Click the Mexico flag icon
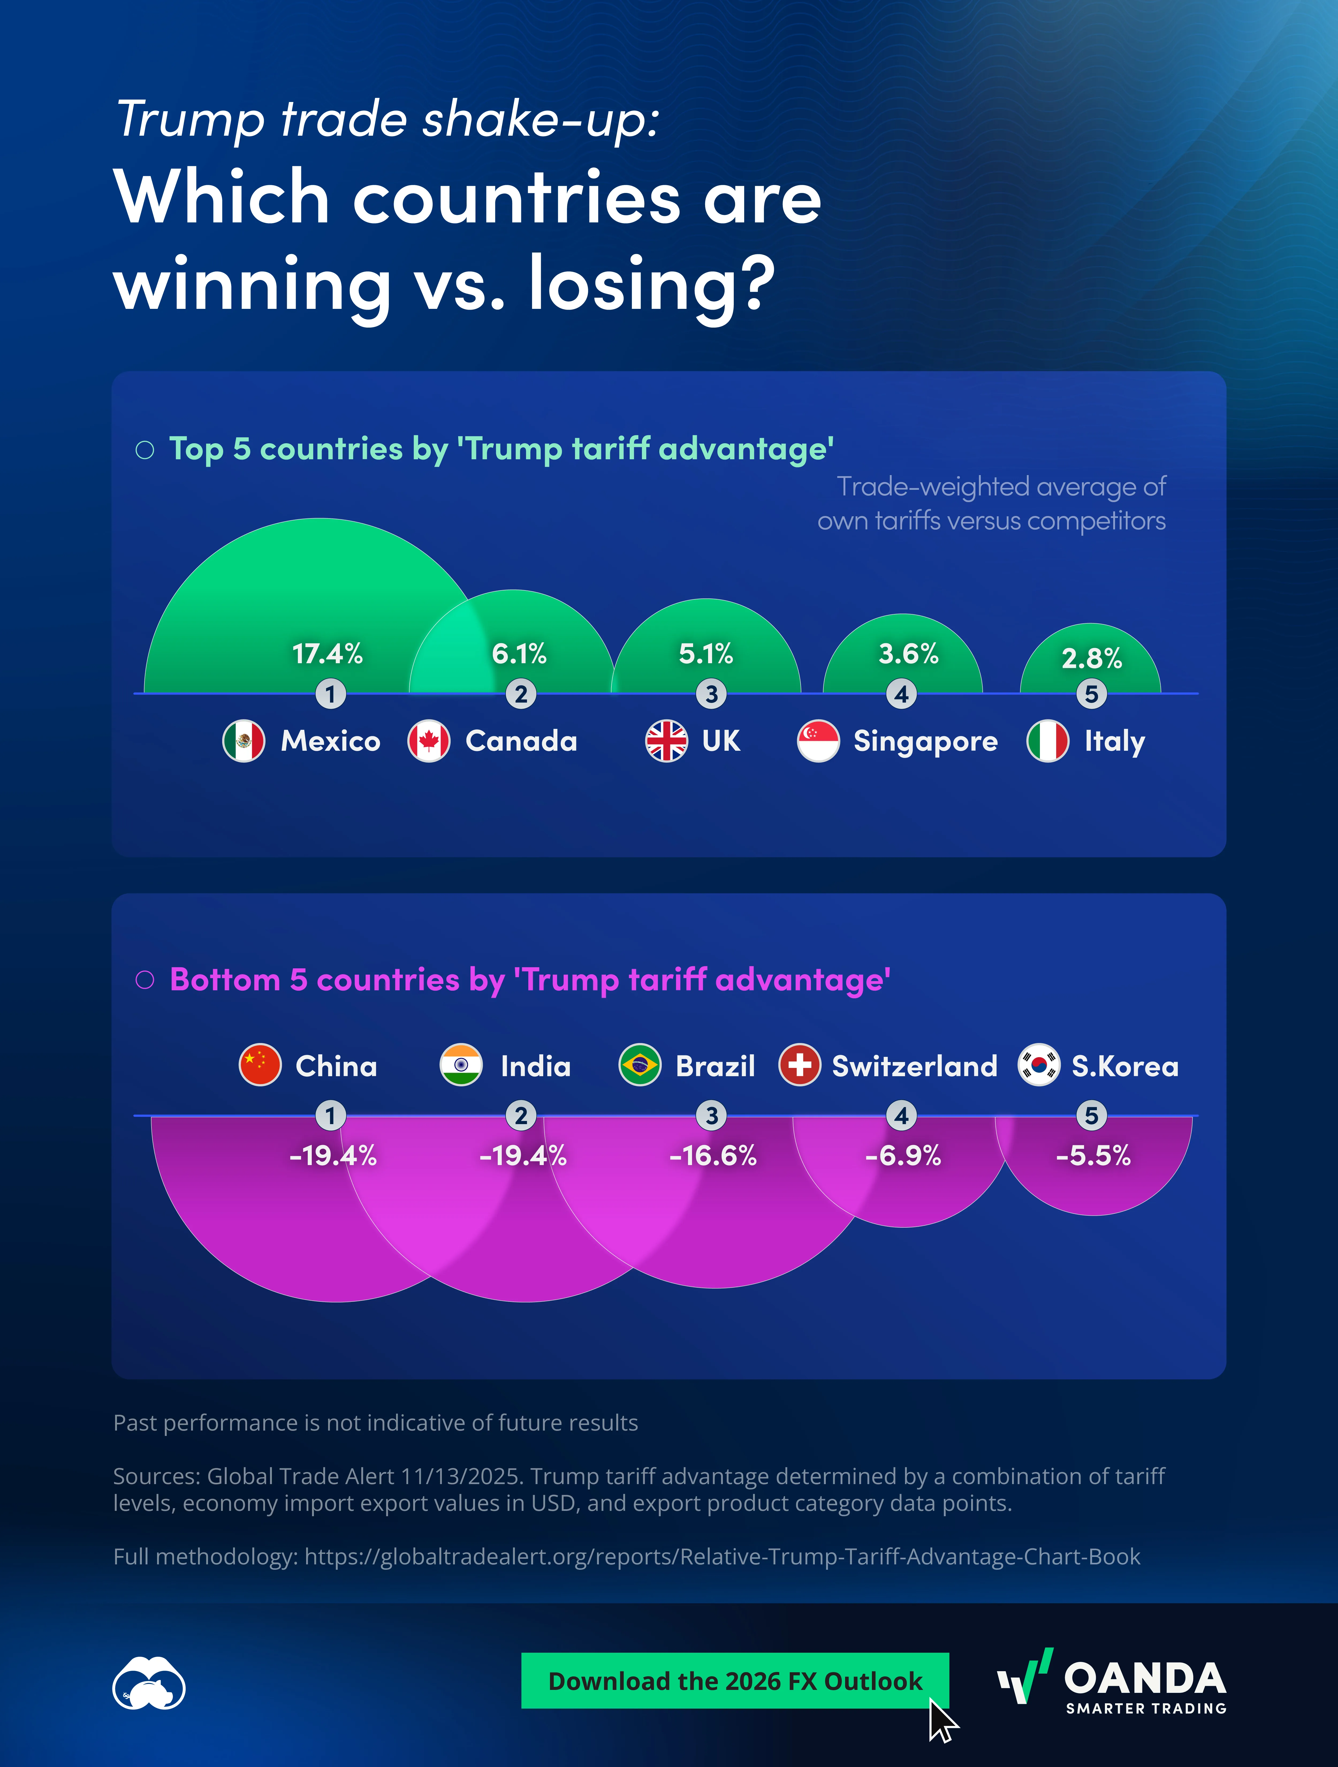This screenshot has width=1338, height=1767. click(244, 741)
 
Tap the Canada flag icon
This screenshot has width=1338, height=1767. click(429, 741)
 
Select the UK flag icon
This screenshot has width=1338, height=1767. click(666, 741)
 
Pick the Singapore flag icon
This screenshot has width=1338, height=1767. click(818, 741)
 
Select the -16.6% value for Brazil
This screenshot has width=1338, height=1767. click(713, 1156)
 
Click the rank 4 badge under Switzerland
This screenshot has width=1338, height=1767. click(902, 1115)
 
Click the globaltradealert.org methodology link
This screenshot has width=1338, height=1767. click(722, 1557)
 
